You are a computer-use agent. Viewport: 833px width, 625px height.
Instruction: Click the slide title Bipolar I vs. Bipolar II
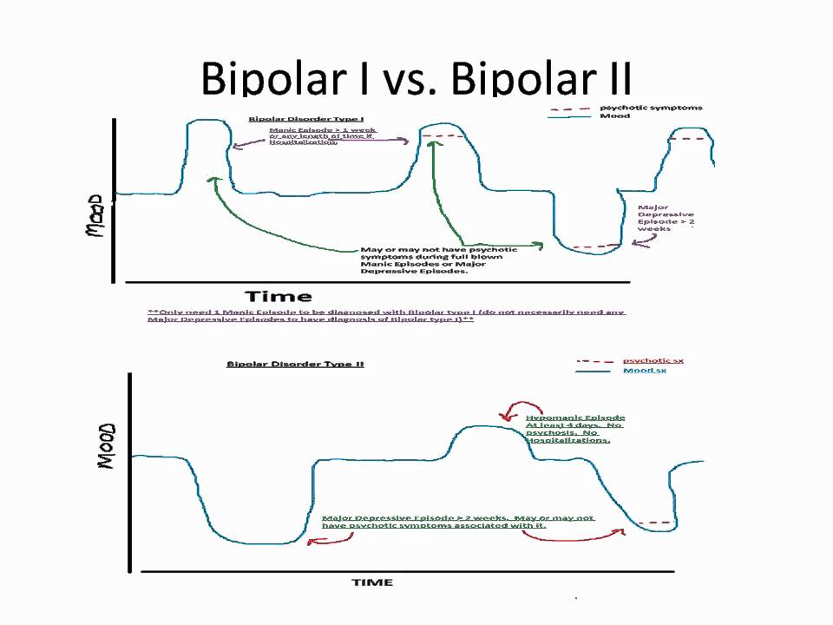416,80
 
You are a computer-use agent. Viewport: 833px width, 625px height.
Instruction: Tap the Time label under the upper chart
278,297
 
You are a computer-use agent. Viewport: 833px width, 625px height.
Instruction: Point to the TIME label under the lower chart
371,582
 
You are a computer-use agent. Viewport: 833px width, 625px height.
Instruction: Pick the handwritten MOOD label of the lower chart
107,447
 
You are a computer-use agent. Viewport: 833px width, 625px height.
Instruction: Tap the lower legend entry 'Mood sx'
645,371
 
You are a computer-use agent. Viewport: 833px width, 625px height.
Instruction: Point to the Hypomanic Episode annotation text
574,429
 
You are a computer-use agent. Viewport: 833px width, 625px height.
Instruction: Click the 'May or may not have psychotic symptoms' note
415,260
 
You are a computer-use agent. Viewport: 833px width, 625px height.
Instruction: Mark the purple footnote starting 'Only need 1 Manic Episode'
386,315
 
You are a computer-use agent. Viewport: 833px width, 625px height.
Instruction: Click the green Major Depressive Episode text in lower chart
457,522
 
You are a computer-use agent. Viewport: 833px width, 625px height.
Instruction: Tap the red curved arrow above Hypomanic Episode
520,408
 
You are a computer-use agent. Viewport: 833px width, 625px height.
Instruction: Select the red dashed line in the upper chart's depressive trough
596,247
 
